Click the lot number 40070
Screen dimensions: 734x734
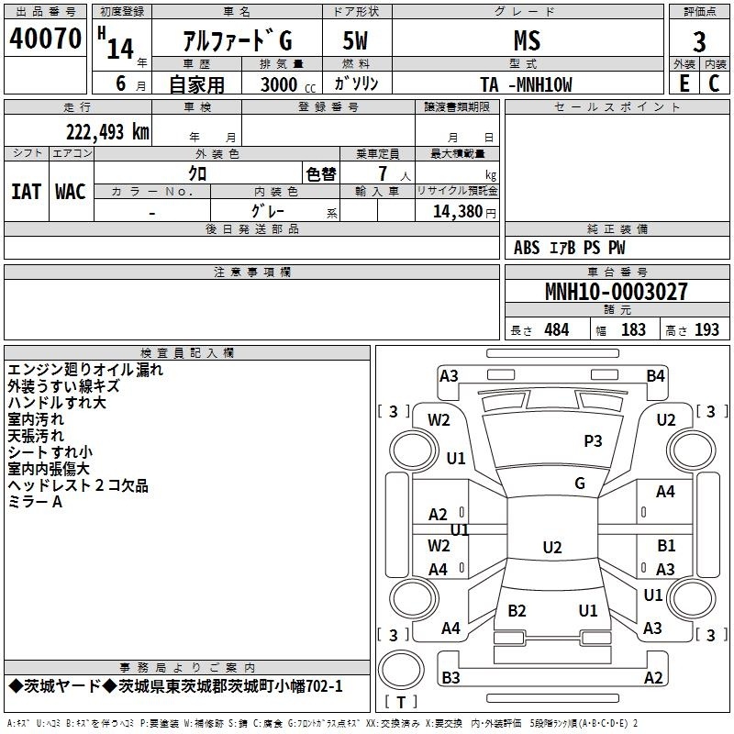click(x=45, y=38)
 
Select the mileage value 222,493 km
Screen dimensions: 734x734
click(x=107, y=132)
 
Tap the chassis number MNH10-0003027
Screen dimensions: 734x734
click(x=617, y=292)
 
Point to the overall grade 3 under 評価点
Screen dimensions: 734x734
click(x=699, y=41)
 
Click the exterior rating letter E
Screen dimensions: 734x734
click(x=684, y=83)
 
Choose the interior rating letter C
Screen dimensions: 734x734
click(x=714, y=83)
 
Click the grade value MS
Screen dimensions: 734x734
click(x=527, y=40)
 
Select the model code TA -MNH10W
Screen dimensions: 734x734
click(x=526, y=84)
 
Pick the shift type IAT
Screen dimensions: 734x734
click(x=27, y=192)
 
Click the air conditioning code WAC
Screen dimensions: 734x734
click(x=71, y=192)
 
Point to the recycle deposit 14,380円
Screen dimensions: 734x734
click(x=464, y=212)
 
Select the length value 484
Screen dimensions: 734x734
click(x=557, y=330)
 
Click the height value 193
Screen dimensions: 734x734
click(x=706, y=330)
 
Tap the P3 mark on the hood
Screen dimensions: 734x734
click(x=593, y=441)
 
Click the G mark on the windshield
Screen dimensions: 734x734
click(x=580, y=484)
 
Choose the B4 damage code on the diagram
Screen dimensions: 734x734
click(x=655, y=376)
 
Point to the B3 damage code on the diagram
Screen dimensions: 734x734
click(x=450, y=677)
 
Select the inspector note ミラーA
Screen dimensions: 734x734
click(x=35, y=502)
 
